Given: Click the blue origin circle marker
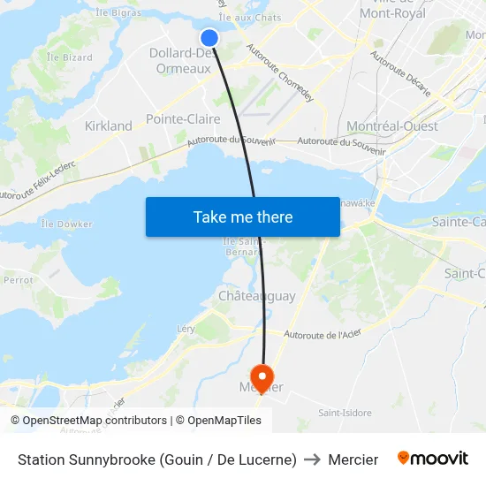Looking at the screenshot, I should pyautogui.click(x=209, y=37).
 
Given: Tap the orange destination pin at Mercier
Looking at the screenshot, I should pyautogui.click(x=262, y=376).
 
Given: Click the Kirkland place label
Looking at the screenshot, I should pyautogui.click(x=108, y=126).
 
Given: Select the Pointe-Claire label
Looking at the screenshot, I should pyautogui.click(x=183, y=118).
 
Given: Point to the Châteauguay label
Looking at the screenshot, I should pyautogui.click(x=257, y=296).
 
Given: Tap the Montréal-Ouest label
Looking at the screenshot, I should pyautogui.click(x=392, y=126).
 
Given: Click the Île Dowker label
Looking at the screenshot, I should pyautogui.click(x=66, y=224).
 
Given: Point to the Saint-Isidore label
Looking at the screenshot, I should pyautogui.click(x=344, y=413).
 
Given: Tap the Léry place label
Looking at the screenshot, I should pyautogui.click(x=186, y=329).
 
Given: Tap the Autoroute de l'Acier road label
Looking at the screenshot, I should pyautogui.click(x=324, y=334).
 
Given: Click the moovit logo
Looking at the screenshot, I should pyautogui.click(x=433, y=459).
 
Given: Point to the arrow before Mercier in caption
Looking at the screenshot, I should pyautogui.click(x=312, y=459).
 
